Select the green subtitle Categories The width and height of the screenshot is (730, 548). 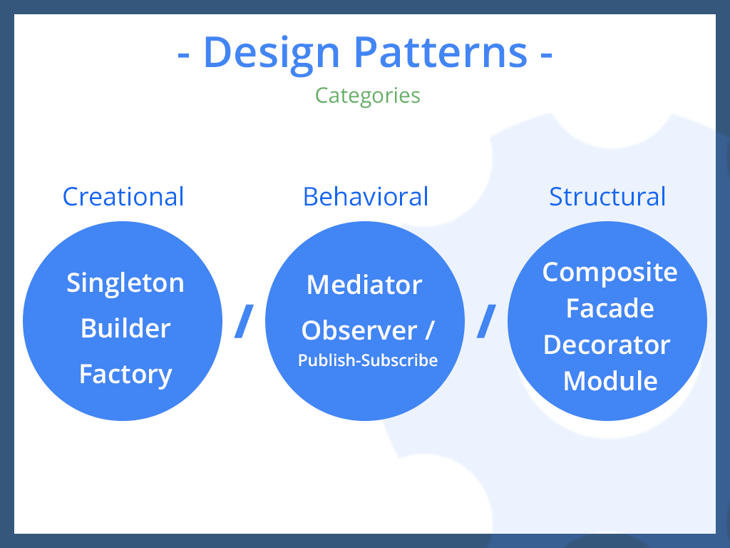pyautogui.click(x=368, y=95)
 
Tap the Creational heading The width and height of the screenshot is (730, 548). pyautogui.click(x=123, y=196)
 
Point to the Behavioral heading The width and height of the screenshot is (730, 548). pyautogui.click(x=366, y=196)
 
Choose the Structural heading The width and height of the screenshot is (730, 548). pyautogui.click(x=607, y=196)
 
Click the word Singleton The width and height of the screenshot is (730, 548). pyautogui.click(x=125, y=283)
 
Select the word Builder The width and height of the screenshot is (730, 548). pyautogui.click(x=125, y=328)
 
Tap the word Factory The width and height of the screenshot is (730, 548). pyautogui.click(x=125, y=374)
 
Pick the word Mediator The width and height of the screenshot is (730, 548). pyautogui.click(x=364, y=285)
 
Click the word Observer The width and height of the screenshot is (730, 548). pyautogui.click(x=359, y=330)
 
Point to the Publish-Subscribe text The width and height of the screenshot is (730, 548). pyautogui.click(x=368, y=360)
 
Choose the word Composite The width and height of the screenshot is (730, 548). pyautogui.click(x=610, y=272)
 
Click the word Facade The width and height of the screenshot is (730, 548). pyautogui.click(x=610, y=308)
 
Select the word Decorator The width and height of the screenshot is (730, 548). pyautogui.click(x=607, y=345)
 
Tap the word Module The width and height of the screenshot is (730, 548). pyautogui.click(x=610, y=381)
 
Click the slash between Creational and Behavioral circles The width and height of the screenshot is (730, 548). pyautogui.click(x=245, y=321)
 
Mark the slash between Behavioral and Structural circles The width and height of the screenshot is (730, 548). pyautogui.click(x=486, y=321)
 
